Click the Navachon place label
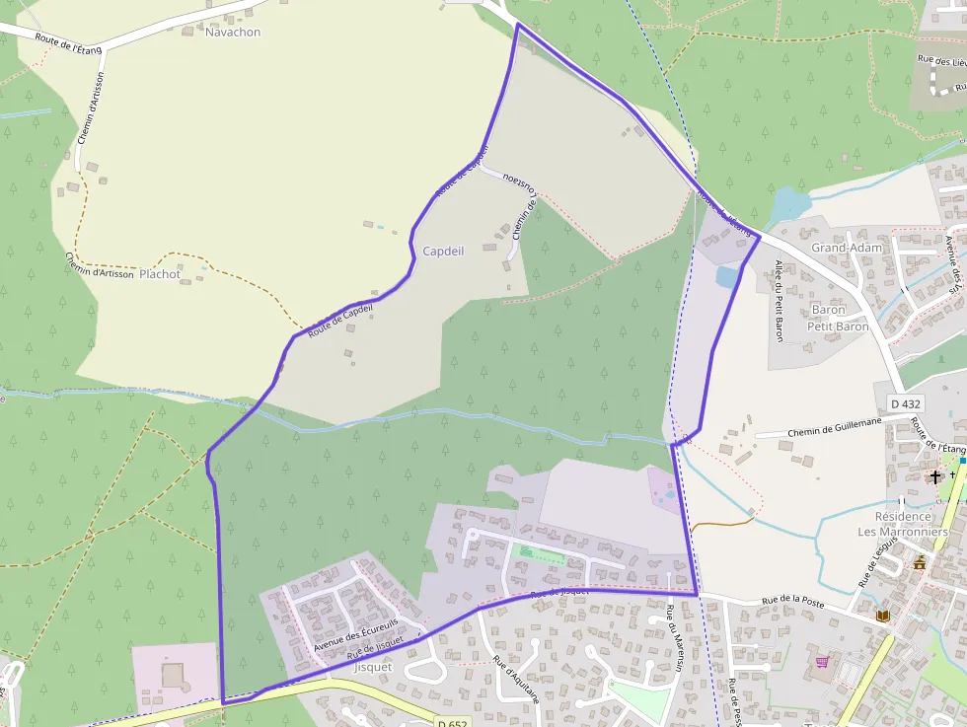pyautogui.click(x=233, y=32)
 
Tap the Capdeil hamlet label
pyautogui.click(x=443, y=251)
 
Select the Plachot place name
pyautogui.click(x=160, y=274)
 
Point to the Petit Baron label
pyautogui.click(x=838, y=326)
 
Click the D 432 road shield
pyautogui.click(x=905, y=403)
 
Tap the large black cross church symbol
pyautogui.click(x=934, y=477)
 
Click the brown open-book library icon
pyautogui.click(x=882, y=617)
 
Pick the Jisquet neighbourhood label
pyautogui.click(x=372, y=666)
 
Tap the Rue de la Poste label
pyautogui.click(x=792, y=600)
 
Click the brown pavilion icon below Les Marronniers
pyautogui.click(x=920, y=562)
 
